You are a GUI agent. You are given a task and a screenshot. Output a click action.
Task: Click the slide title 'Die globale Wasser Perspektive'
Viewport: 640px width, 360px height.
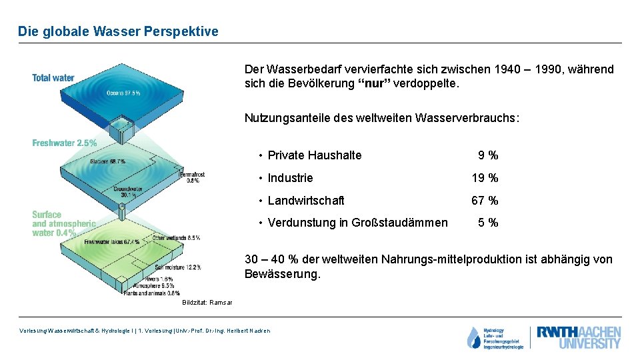(118, 31)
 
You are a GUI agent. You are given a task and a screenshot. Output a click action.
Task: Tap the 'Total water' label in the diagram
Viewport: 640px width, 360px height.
(53, 78)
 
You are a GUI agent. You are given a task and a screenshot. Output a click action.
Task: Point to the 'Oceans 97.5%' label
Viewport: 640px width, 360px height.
(123, 93)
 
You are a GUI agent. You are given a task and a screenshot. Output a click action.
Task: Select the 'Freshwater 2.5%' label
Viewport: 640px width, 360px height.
(65, 143)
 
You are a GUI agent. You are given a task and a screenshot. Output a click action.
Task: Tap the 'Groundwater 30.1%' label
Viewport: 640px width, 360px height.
(129, 191)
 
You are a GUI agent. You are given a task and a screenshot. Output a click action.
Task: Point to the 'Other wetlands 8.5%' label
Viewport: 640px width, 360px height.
(177, 237)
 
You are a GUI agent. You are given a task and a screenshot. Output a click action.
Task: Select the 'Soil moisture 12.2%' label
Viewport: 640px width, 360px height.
(181, 267)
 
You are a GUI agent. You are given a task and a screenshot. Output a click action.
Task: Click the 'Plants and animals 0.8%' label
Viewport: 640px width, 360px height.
(151, 293)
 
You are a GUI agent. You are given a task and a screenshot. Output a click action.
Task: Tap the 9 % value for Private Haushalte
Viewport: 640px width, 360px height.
(487, 155)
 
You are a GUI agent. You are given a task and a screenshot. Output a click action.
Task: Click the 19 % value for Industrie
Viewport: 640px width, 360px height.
(485, 178)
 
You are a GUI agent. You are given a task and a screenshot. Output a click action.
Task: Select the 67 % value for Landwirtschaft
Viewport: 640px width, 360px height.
(485, 201)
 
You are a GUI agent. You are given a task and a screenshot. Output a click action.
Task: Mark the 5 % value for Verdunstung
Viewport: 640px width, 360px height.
(487, 223)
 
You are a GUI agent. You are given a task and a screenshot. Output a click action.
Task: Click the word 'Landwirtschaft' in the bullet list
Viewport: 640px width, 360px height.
(306, 201)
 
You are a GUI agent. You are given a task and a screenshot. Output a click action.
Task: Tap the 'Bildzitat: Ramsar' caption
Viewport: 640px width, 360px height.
(207, 303)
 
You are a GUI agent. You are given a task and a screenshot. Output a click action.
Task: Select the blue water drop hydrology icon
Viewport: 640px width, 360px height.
(473, 338)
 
